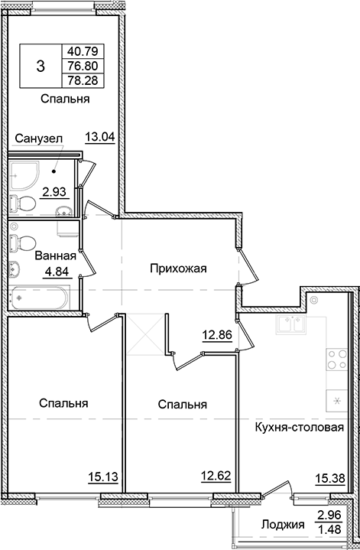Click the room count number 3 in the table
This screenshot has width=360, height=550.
(40, 67)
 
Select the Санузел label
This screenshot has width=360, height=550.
(36, 138)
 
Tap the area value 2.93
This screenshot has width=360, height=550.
(53, 192)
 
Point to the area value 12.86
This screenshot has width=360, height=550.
(217, 334)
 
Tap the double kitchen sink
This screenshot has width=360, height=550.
(294, 327)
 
